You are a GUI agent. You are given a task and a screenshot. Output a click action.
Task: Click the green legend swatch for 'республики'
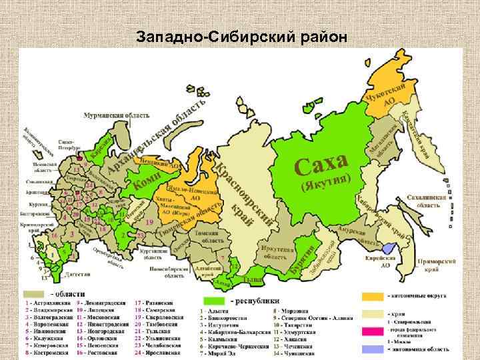(216, 301)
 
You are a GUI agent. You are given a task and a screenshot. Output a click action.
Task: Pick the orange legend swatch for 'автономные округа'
(373, 296)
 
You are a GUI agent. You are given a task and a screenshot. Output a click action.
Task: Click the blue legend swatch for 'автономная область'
(373, 349)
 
